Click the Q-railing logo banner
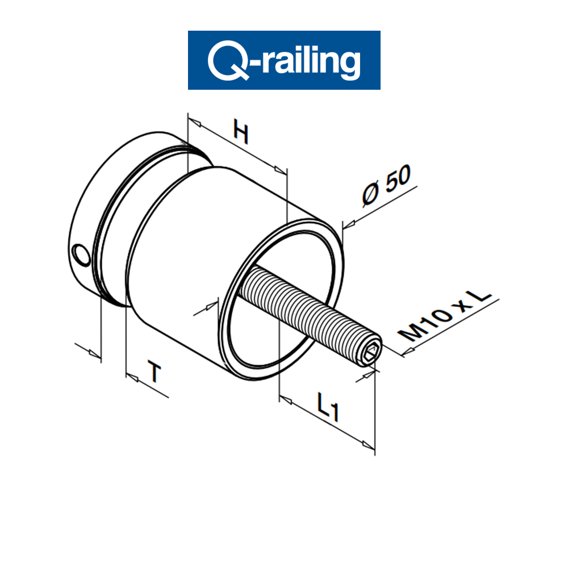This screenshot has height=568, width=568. [x=284, y=60]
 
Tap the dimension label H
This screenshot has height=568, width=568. [x=241, y=135]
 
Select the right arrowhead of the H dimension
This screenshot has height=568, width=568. [x=279, y=169]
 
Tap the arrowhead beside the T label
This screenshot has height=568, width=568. [x=132, y=376]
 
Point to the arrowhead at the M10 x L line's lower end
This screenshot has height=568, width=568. [x=408, y=352]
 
